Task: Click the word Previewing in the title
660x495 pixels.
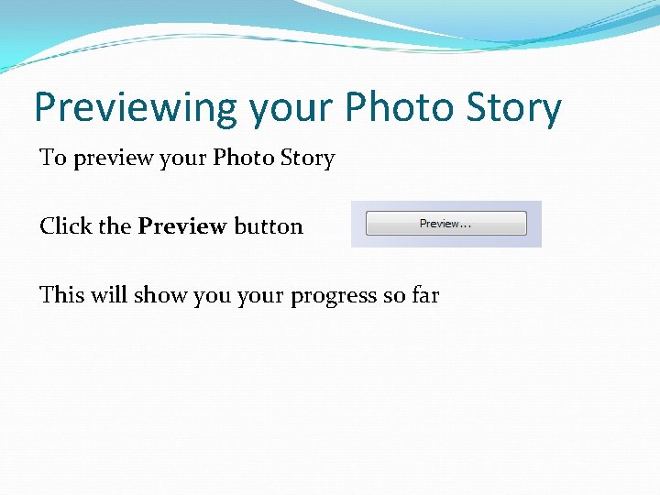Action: (136, 108)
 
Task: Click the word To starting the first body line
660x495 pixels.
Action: (53, 158)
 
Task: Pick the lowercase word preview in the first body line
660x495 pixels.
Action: (113, 159)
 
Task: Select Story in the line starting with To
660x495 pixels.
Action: (308, 159)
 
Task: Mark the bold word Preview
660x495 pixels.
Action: (182, 225)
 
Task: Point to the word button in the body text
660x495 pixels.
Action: (269, 225)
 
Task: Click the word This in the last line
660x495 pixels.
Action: (61, 294)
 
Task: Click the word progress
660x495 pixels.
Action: (334, 296)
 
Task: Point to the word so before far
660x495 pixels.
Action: (396, 295)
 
